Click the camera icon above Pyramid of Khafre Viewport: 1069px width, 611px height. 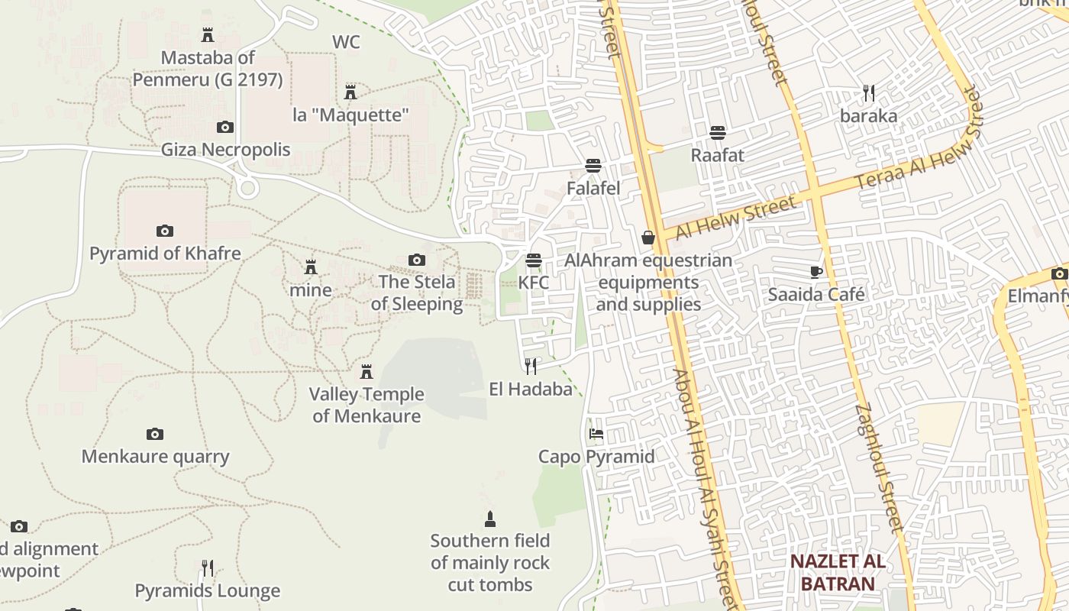[164, 231]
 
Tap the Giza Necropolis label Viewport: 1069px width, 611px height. [225, 149]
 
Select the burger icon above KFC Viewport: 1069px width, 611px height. [534, 260]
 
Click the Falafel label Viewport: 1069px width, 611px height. [593, 188]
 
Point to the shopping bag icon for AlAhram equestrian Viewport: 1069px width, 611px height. [648, 238]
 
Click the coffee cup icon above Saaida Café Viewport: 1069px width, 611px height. [816, 272]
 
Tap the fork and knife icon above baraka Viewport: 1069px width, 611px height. [868, 93]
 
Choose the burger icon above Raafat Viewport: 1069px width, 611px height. [717, 133]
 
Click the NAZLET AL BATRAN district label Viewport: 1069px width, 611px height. [838, 573]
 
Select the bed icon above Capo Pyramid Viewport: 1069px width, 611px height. [596, 434]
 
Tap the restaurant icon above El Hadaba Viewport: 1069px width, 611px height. [531, 367]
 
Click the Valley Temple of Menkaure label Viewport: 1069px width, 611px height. [367, 405]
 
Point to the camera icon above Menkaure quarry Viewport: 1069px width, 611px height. [155, 435]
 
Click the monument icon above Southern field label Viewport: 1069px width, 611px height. [490, 519]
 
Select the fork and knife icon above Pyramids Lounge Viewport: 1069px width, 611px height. [207, 568]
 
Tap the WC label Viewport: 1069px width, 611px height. [346, 42]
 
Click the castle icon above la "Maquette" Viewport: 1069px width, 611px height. [350, 92]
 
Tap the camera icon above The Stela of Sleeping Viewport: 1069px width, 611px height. [416, 260]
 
